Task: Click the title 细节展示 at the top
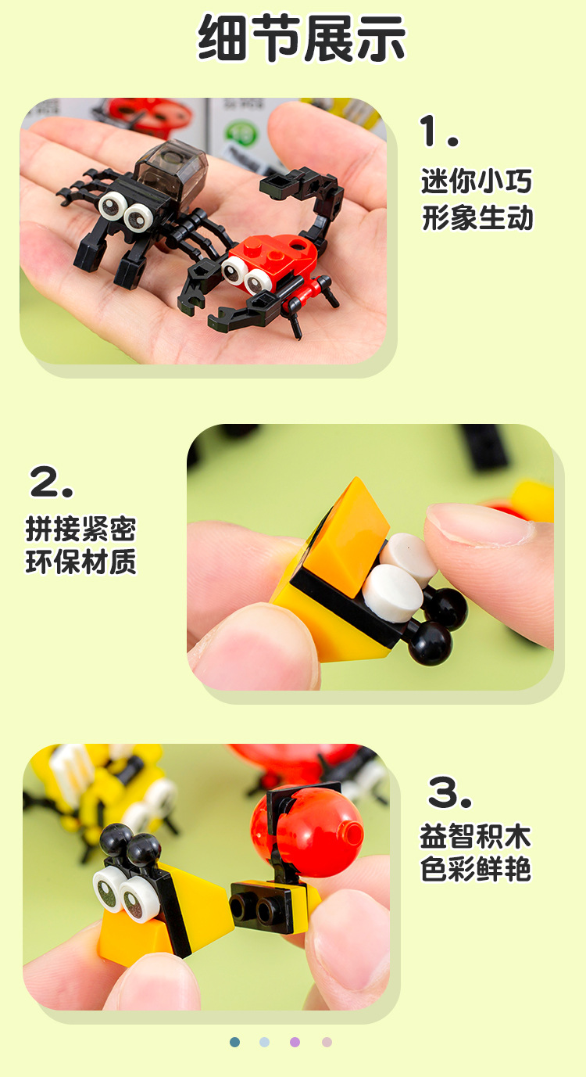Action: coord(302,38)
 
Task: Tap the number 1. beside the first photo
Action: coord(438,131)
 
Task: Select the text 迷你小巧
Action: coord(477,181)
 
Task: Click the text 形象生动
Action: coord(477,218)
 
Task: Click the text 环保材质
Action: coord(80,563)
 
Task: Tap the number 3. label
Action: coord(450,792)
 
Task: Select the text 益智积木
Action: coord(475,836)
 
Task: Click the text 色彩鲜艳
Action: coord(475,870)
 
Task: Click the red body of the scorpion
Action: coord(273,254)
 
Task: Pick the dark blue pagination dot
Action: coord(234,1042)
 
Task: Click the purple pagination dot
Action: coord(295,1042)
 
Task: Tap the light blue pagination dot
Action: coord(264,1042)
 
